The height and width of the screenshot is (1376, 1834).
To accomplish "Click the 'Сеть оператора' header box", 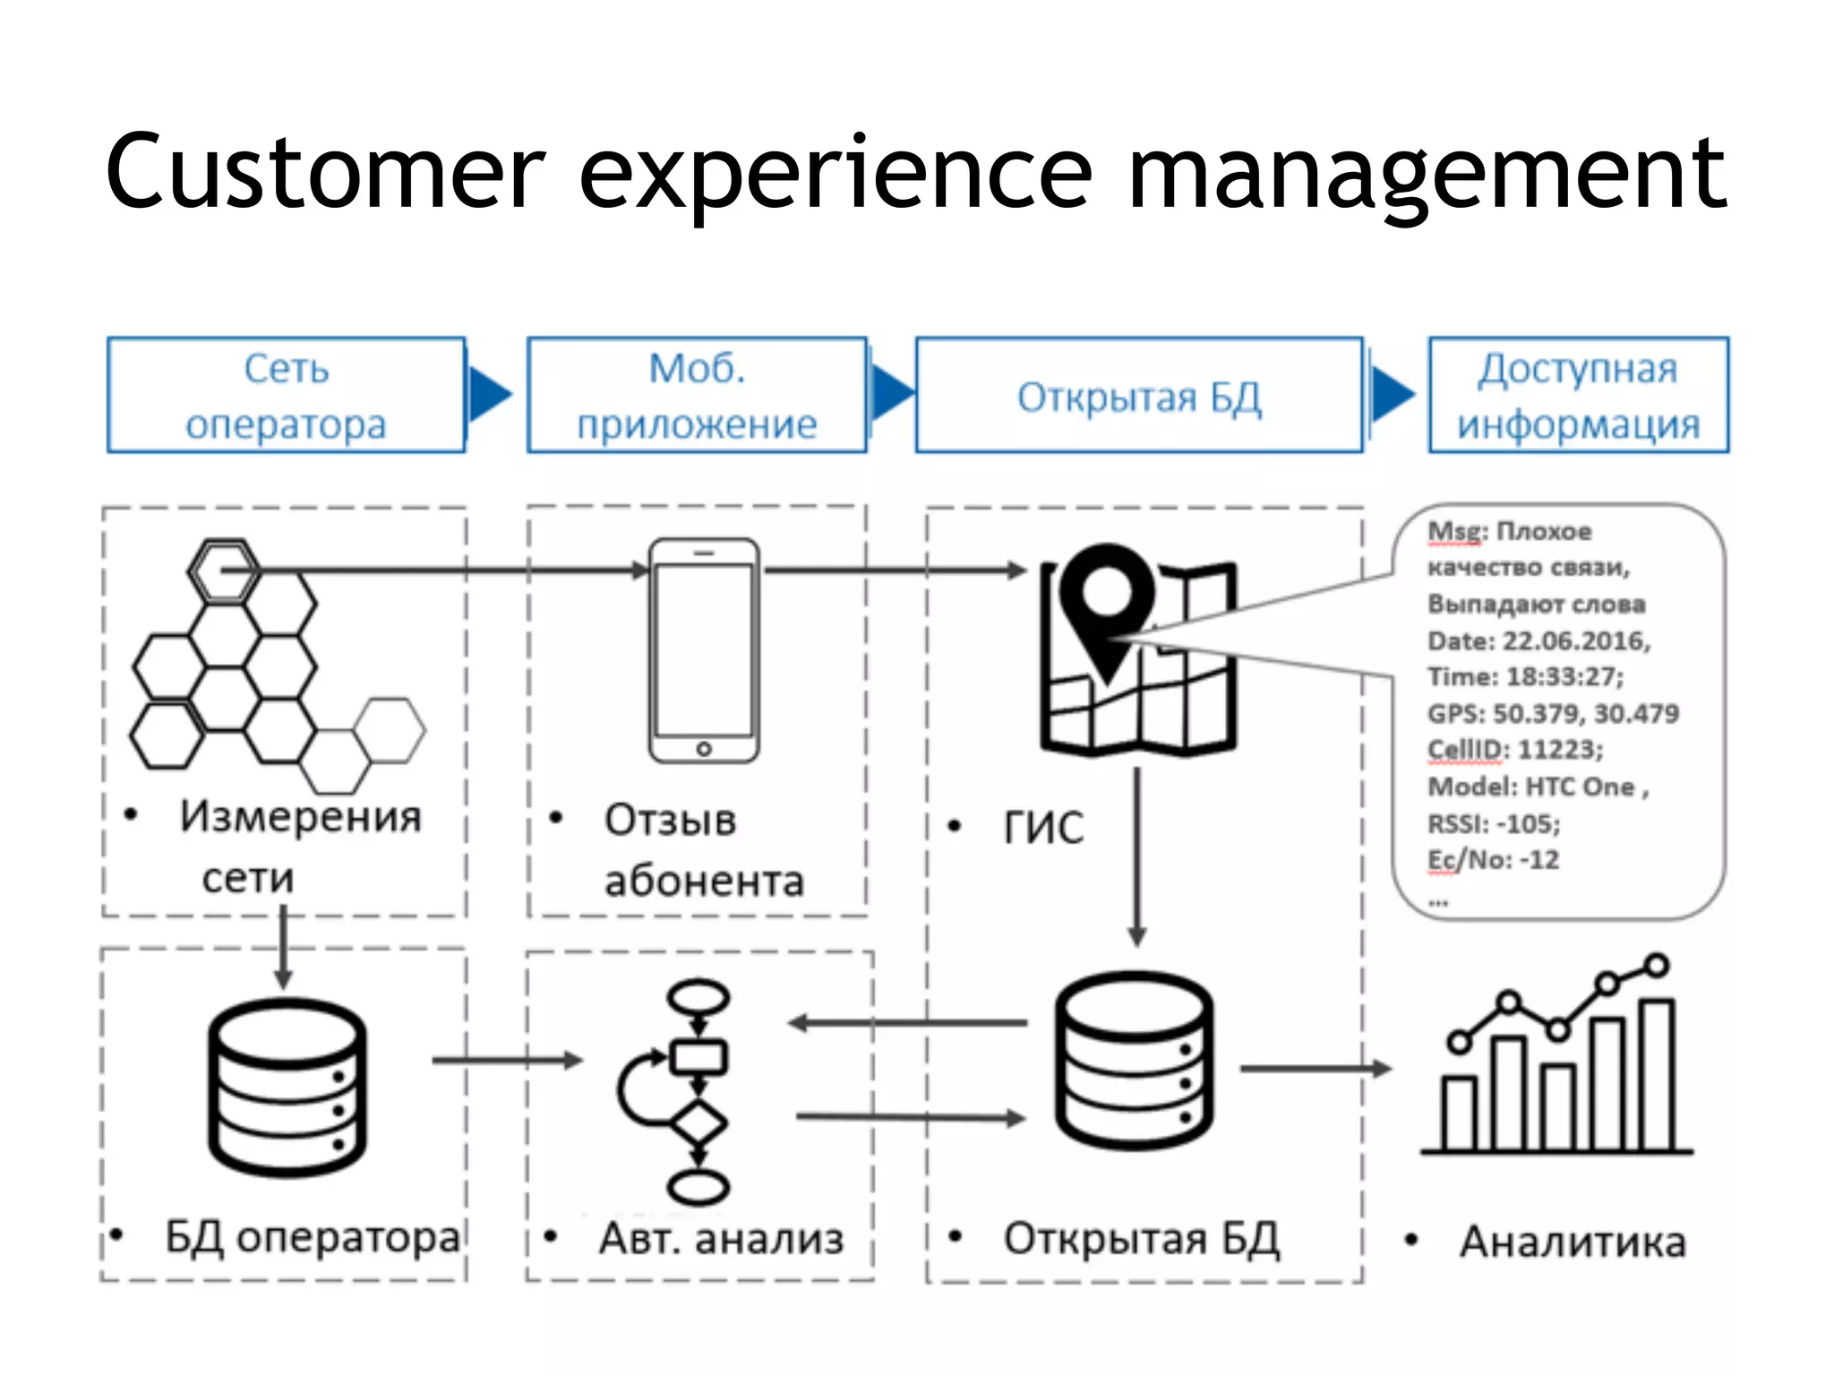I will point(286,395).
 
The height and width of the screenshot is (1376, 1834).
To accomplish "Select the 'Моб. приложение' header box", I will point(697,395).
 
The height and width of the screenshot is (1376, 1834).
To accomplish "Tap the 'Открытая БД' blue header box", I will point(1138,396).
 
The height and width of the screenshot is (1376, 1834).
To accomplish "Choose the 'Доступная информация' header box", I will point(1578,395).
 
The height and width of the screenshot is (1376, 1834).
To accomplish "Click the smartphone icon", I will point(704,651).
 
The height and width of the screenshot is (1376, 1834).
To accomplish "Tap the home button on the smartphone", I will point(704,748).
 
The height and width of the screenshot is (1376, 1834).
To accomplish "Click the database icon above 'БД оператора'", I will point(287,1086).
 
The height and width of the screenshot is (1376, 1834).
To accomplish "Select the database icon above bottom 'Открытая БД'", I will point(1134,1061).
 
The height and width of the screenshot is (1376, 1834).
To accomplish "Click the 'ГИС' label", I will point(1043,827).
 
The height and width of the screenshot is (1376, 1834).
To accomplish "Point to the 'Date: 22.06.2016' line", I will point(1538,641).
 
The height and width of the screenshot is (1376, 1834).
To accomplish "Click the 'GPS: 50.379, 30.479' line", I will point(1553,713).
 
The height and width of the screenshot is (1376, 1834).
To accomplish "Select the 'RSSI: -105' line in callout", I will point(1494,823).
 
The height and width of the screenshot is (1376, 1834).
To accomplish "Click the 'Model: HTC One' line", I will point(1537,787).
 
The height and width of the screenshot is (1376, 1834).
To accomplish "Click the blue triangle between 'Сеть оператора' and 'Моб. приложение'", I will point(489,394).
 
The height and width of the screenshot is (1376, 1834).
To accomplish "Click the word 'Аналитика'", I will point(1573,1242).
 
